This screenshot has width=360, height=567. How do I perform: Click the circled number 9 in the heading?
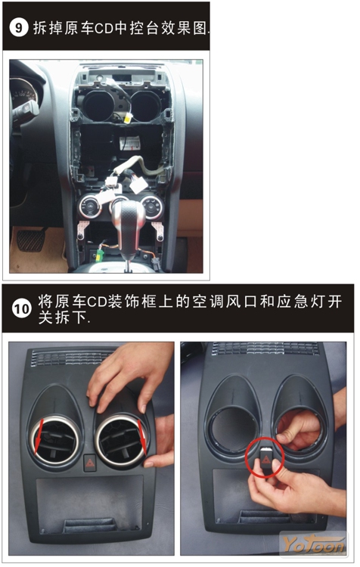click(18, 27)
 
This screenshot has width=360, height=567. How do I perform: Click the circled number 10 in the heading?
click(21, 308)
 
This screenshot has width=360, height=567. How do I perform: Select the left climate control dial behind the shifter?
click(89, 206)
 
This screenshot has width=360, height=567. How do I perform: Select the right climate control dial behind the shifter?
click(152, 206)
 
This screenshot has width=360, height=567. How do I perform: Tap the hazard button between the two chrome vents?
click(90, 463)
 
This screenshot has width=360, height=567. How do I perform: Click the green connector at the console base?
click(99, 255)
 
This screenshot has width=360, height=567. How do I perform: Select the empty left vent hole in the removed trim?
click(234, 429)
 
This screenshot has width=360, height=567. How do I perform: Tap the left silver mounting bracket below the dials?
click(82, 231)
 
